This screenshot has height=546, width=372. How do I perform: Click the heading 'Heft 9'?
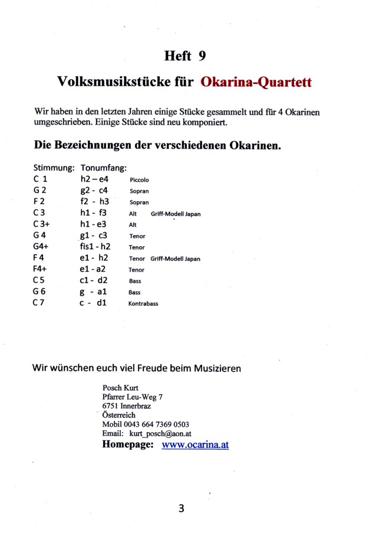click(x=185, y=56)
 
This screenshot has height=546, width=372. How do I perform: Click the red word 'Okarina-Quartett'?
click(x=256, y=82)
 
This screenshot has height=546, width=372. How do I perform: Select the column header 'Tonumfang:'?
click(x=104, y=168)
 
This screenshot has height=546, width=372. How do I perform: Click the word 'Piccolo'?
click(x=139, y=180)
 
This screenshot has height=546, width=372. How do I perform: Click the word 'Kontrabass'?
click(x=143, y=303)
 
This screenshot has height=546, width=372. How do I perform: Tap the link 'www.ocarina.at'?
click(x=195, y=444)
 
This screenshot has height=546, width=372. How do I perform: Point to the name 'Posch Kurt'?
click(x=120, y=388)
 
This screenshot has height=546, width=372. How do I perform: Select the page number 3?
click(x=181, y=508)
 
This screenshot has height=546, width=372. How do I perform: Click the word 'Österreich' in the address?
click(x=118, y=415)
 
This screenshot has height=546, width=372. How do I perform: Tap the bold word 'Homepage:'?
click(x=128, y=444)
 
